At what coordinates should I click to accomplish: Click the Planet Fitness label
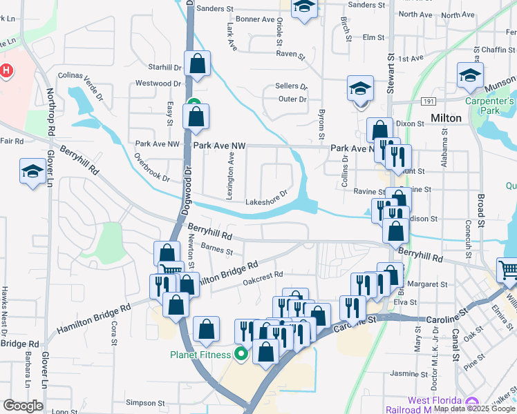click(200, 355)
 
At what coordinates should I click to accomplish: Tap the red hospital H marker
click(6, 70)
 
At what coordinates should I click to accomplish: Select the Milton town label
click(446, 118)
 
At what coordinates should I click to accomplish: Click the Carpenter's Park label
click(489, 106)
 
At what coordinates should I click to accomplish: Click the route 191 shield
click(429, 101)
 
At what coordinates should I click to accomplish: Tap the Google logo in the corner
click(23, 406)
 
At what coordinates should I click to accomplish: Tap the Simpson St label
click(145, 402)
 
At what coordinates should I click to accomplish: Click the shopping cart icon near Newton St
click(171, 270)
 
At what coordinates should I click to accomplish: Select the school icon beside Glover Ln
click(32, 172)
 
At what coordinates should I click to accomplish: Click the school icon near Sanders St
click(303, 9)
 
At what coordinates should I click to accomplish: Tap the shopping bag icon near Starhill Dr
click(197, 64)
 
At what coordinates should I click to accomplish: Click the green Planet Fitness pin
click(241, 355)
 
